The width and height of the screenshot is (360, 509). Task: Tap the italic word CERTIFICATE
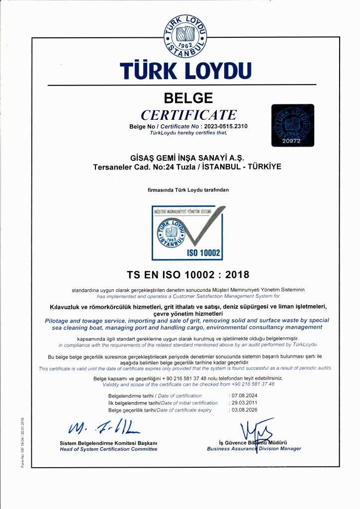pyautogui.click(x=188, y=115)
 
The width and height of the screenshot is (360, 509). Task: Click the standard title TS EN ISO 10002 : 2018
pyautogui.click(x=188, y=274)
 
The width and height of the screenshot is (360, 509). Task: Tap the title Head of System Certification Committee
pyautogui.click(x=108, y=449)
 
